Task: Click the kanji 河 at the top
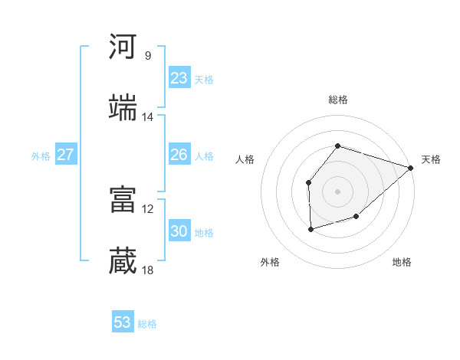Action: point(123,47)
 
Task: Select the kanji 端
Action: point(123,108)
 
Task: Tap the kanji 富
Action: point(123,200)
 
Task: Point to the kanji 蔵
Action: point(123,261)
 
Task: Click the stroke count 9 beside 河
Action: point(148,55)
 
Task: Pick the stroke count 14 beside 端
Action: point(148,117)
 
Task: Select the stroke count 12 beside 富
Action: point(148,208)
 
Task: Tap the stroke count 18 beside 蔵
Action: point(148,270)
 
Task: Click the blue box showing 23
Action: point(179,78)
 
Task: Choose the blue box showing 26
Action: point(179,155)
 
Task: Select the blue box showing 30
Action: point(179,231)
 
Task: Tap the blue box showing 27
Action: point(66,155)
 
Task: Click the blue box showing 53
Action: point(123,322)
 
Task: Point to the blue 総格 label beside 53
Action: point(148,324)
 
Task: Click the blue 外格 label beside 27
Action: point(41,156)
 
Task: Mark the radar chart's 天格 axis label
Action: point(431,159)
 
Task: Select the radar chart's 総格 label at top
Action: point(338,100)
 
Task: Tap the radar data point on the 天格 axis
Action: point(412,168)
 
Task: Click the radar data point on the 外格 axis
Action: point(310,229)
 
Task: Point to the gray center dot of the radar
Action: point(338,191)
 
